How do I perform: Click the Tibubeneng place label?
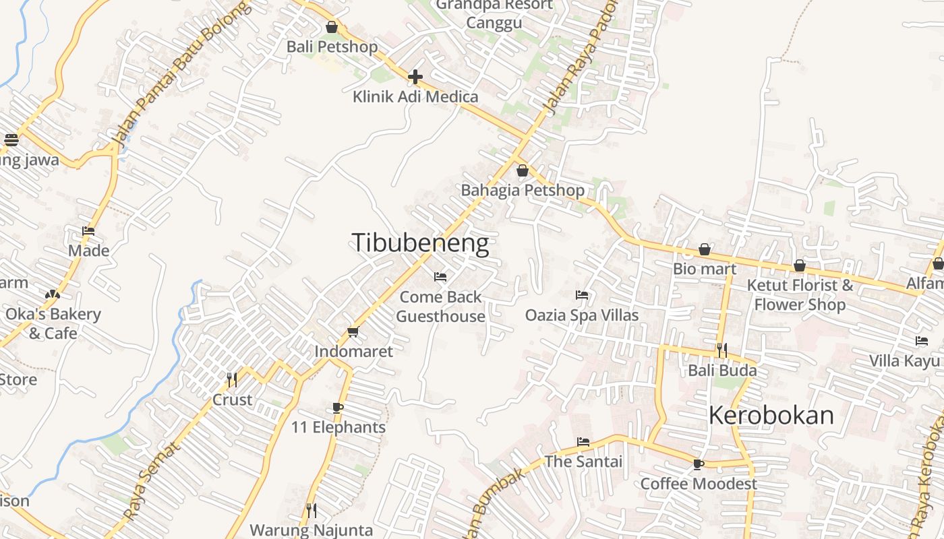click(x=420, y=243)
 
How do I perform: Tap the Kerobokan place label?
click(x=771, y=416)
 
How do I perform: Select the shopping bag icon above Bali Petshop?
click(x=332, y=28)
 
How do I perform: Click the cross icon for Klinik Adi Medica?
click(x=415, y=77)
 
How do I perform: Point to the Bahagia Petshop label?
click(x=523, y=190)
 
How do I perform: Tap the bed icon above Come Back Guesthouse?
click(x=440, y=277)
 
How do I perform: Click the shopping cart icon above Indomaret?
click(x=353, y=331)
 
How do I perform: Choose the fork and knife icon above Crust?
click(x=232, y=380)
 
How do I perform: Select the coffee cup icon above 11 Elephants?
click(x=338, y=408)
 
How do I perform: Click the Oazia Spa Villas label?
click(x=582, y=315)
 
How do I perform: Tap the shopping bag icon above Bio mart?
click(x=705, y=250)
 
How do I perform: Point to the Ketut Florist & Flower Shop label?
click(x=800, y=294)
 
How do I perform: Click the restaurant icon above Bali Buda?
click(x=722, y=350)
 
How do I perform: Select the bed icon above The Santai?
click(x=583, y=442)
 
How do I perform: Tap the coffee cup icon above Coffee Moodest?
click(x=699, y=464)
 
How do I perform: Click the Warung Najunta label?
click(x=311, y=530)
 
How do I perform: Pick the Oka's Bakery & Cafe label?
click(x=53, y=323)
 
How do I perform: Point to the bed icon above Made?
click(x=88, y=231)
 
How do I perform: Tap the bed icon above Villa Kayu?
click(x=922, y=341)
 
